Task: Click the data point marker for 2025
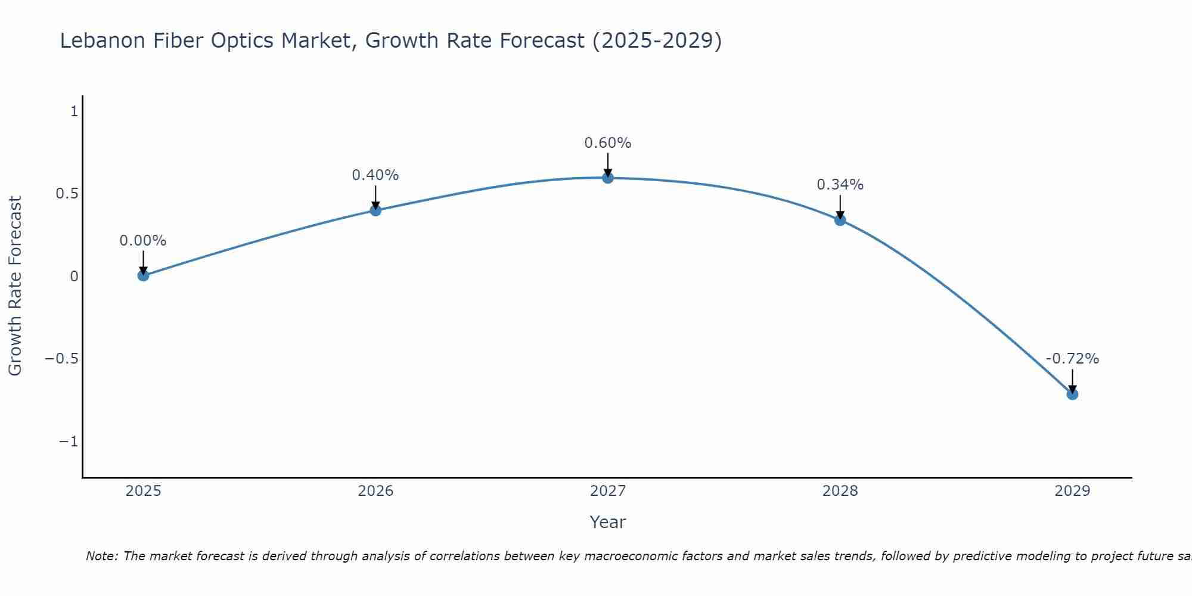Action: (x=143, y=275)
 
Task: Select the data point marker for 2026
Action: (x=375, y=210)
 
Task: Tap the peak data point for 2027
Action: (x=607, y=178)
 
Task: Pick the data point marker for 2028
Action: (x=840, y=220)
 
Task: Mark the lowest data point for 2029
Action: (x=1072, y=394)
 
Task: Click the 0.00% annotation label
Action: (x=143, y=241)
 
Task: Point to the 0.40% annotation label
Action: (x=375, y=175)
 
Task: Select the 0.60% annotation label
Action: (x=607, y=143)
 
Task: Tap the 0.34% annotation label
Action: (x=840, y=185)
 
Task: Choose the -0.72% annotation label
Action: (x=1072, y=359)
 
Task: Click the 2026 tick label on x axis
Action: (x=375, y=491)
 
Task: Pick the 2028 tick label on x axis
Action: (x=840, y=491)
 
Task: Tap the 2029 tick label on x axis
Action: (x=1072, y=491)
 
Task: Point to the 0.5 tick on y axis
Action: (x=67, y=194)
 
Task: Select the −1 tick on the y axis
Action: (x=69, y=442)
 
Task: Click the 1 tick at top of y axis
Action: (x=74, y=111)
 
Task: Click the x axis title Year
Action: (x=607, y=522)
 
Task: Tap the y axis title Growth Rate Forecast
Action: (x=15, y=286)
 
